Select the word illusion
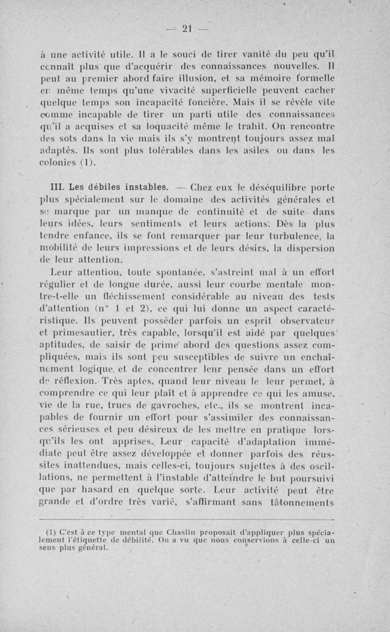(183, 77)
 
